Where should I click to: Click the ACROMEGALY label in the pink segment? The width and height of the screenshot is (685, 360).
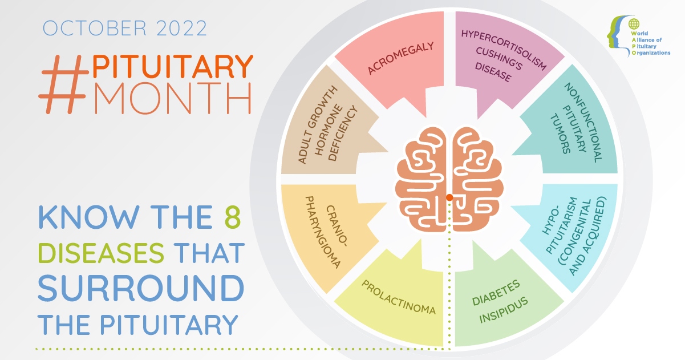pos(400,58)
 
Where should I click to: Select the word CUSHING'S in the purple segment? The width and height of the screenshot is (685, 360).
pos(499,59)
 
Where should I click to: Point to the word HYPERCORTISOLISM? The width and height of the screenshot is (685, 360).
pos(504,50)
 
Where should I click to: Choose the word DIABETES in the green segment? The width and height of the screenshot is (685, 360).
pos(496,293)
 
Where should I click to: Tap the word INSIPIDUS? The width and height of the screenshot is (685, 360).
pos(504,310)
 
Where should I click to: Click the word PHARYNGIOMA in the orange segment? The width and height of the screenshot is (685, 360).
pos(323,232)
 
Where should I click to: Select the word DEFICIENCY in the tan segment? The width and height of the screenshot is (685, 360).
pos(343,134)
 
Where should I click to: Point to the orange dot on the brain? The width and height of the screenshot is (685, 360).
pos(449,197)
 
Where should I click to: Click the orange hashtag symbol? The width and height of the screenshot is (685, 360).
pos(63,84)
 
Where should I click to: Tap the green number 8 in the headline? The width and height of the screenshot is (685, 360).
pos(233,217)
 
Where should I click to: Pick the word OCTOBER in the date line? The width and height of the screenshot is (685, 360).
pos(95,28)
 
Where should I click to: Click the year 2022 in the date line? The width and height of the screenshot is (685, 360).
pos(181,28)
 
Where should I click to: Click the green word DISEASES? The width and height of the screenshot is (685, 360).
pos(101,253)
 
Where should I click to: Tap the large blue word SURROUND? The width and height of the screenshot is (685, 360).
pos(141,288)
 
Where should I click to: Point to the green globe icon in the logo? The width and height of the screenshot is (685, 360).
pos(634,24)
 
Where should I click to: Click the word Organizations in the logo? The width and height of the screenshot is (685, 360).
pos(651,53)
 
